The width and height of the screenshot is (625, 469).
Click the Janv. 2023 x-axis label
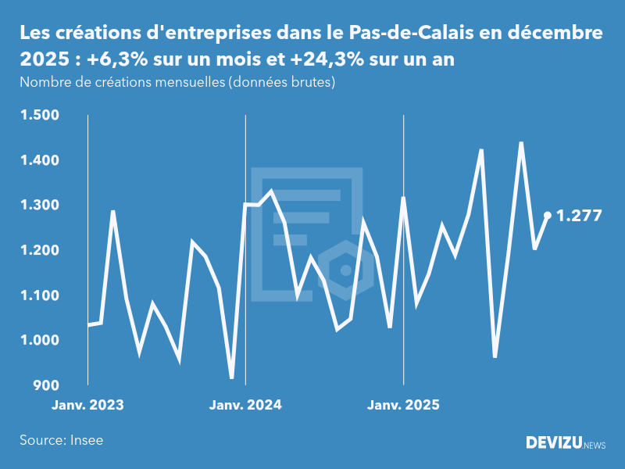(87, 406)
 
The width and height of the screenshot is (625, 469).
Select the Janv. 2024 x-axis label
(245, 406)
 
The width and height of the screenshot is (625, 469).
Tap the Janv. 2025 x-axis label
(403, 406)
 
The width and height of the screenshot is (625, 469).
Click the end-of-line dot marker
(548, 215)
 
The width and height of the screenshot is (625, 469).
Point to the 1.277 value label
(579, 216)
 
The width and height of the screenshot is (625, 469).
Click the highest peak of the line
(521, 143)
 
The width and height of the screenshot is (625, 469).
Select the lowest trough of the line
(232, 378)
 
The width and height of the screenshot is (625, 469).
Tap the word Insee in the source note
(86, 440)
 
